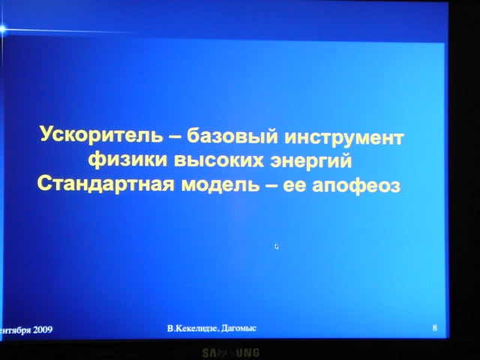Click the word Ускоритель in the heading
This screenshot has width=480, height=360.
pyautogui.click(x=101, y=134)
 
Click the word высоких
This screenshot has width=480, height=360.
pyautogui.click(x=219, y=160)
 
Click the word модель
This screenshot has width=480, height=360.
pyautogui.click(x=220, y=184)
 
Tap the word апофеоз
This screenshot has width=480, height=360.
pyautogui.click(x=356, y=186)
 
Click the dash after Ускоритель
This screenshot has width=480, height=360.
pyautogui.click(x=175, y=136)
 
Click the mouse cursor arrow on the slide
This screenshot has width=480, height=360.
pyautogui.click(x=277, y=247)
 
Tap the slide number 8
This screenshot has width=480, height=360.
pyautogui.click(x=435, y=328)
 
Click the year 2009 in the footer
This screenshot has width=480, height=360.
pyautogui.click(x=43, y=330)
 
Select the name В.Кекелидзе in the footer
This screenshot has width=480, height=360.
pyautogui.click(x=193, y=329)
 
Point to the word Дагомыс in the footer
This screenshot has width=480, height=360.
pyautogui.click(x=238, y=328)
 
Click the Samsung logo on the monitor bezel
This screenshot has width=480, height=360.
pyautogui.click(x=230, y=352)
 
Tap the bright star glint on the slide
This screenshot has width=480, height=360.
pyautogui.click(x=2, y=29)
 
